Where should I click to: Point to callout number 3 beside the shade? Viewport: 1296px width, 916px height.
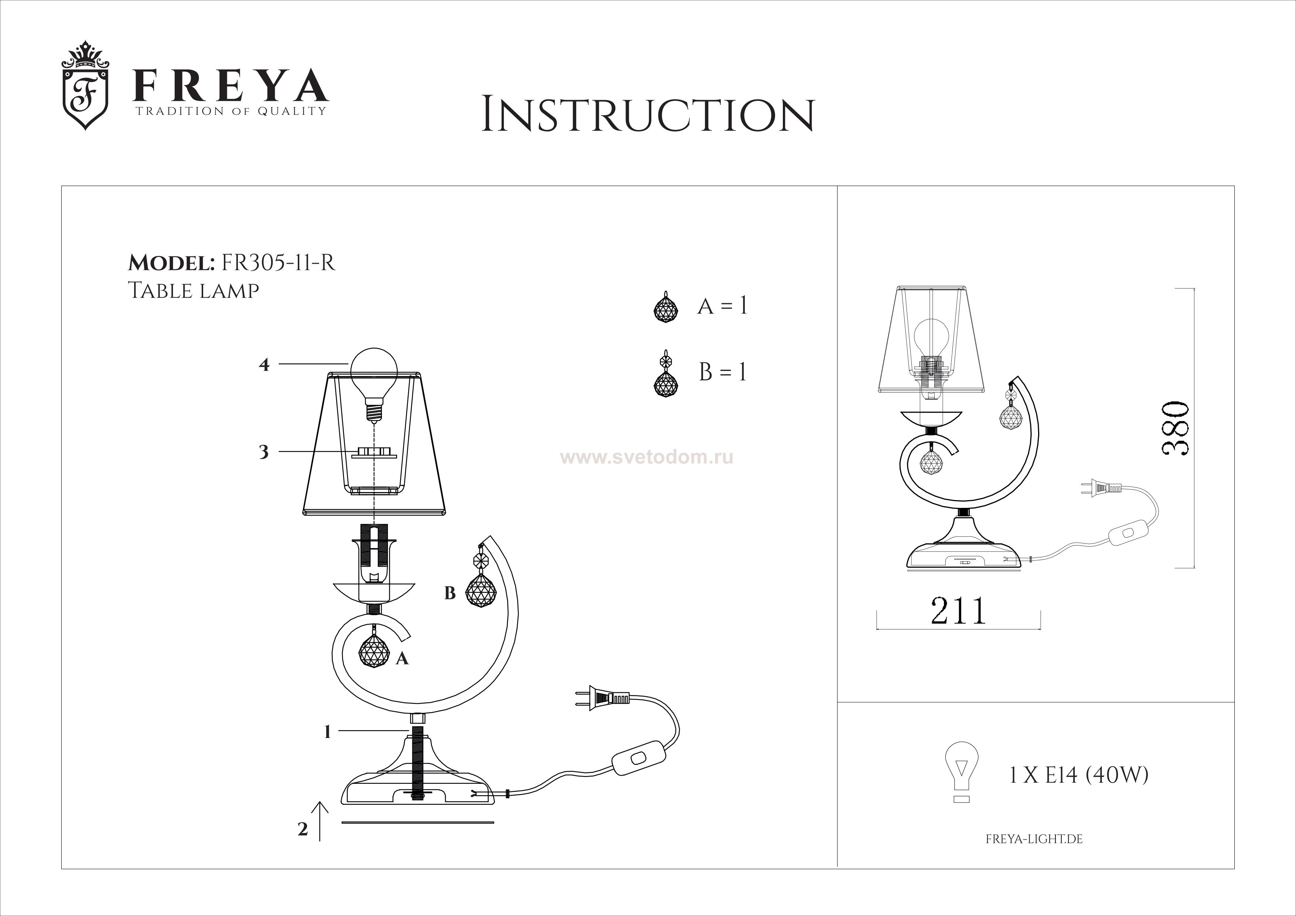[264, 452]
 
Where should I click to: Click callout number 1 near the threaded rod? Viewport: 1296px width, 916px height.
[327, 732]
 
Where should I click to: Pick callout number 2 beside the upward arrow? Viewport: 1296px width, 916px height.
[303, 829]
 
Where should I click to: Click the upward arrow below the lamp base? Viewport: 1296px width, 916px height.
[320, 821]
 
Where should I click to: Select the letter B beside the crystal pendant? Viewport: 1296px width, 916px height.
[450, 593]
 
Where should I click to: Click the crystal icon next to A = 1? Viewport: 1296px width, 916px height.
[666, 307]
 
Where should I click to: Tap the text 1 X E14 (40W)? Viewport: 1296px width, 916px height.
[1078, 776]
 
